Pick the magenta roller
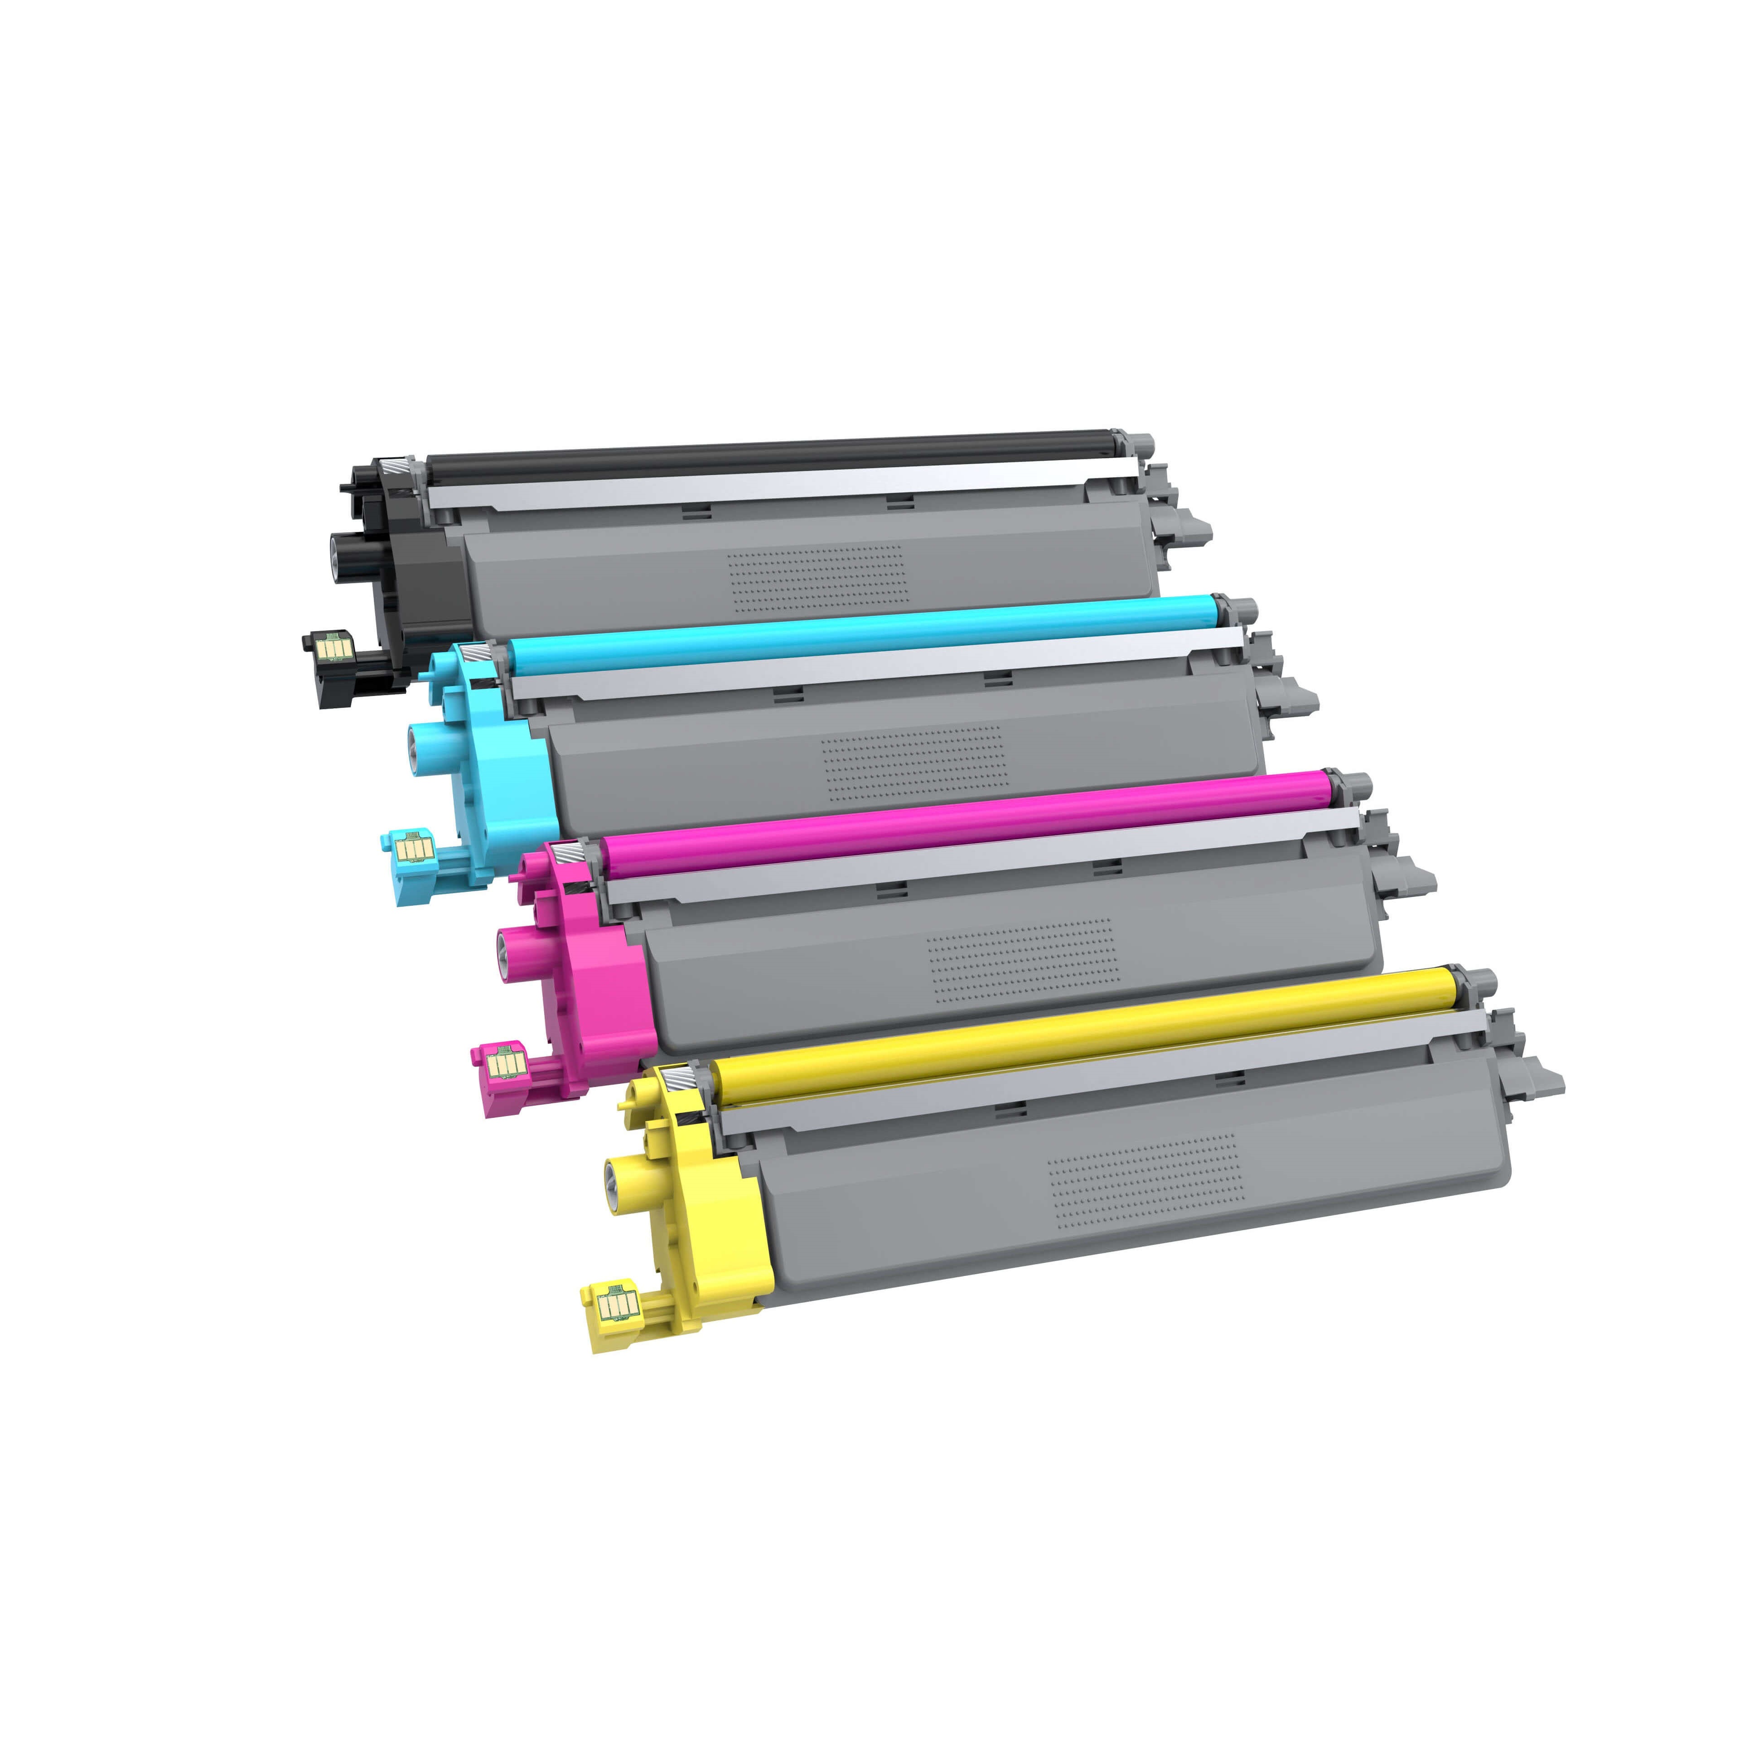(964, 817)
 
